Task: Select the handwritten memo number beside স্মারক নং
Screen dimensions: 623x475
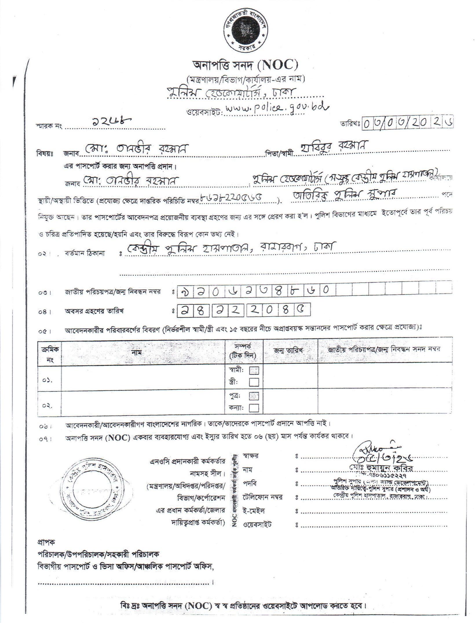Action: point(110,123)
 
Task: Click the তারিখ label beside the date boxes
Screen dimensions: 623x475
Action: point(350,124)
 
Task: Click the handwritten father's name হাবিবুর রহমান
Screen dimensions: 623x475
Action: point(333,147)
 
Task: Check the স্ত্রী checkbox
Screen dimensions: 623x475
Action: point(254,382)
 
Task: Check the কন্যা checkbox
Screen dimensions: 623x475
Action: point(254,408)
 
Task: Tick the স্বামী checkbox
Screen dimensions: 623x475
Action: point(254,370)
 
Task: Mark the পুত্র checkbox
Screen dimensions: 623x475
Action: point(254,396)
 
